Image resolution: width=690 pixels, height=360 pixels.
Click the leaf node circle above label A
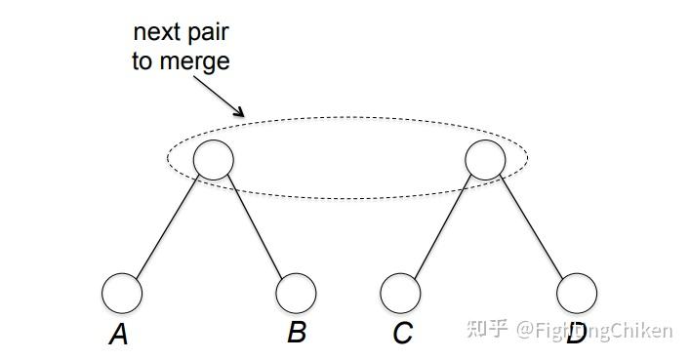[x=122, y=293]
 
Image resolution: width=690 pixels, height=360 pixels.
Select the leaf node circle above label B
[x=296, y=292]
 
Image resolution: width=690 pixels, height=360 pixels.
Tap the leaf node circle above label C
[x=400, y=293]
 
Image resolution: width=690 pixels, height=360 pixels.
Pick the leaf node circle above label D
[x=576, y=293]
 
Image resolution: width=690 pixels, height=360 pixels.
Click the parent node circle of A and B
[x=214, y=159]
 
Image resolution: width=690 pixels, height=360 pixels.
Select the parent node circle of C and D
[x=485, y=159]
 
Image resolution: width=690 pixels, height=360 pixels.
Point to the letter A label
[x=119, y=336]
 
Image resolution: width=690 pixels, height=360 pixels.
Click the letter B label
[x=297, y=333]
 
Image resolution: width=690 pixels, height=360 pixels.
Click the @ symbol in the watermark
[x=525, y=331]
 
